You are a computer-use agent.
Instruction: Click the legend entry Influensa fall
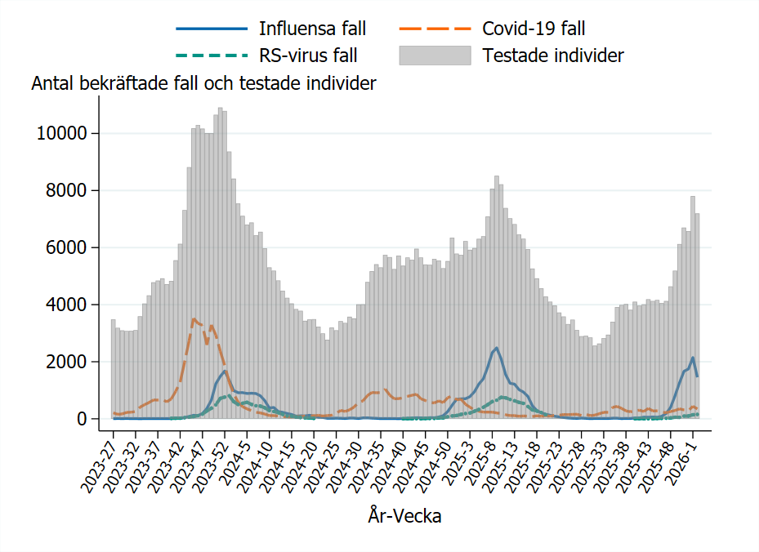point(312,29)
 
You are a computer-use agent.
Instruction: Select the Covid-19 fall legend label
point(533,29)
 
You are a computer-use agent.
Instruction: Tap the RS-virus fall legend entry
point(308,56)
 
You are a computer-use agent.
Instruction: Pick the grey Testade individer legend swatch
point(435,56)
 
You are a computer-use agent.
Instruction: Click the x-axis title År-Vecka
point(404,517)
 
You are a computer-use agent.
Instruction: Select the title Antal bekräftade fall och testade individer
point(203,83)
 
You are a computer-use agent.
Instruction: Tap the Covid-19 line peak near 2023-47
point(194,318)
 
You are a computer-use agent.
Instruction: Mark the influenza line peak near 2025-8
point(496,348)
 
